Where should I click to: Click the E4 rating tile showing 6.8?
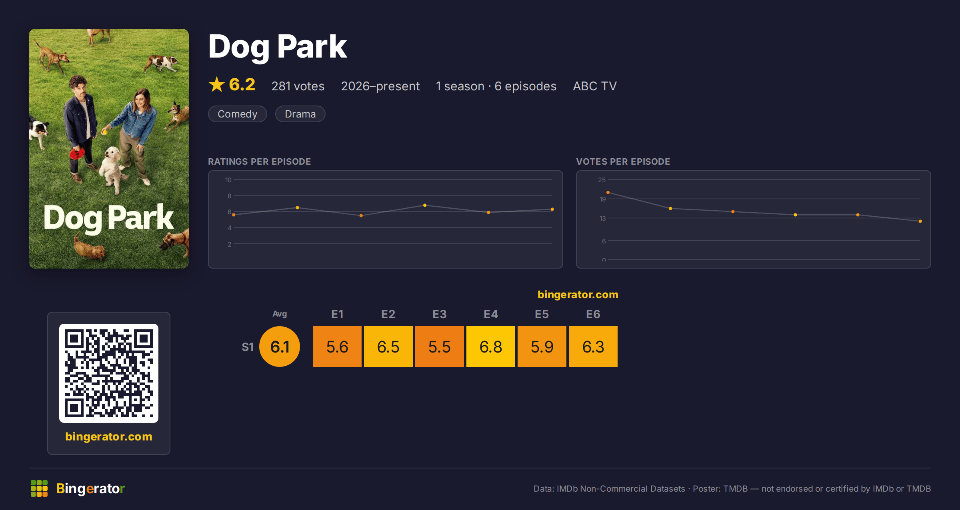pos(491,347)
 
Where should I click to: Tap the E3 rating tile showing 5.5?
pos(440,347)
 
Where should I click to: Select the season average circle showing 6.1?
pos(280,347)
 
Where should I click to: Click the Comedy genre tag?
pos(238,114)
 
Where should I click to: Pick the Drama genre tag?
pos(300,114)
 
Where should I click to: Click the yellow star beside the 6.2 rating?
pos(217,84)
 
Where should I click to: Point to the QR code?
pos(109,373)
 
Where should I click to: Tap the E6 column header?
pos(593,314)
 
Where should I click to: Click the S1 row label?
pos(248,347)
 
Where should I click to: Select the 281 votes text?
pos(298,86)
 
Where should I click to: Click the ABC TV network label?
pos(595,86)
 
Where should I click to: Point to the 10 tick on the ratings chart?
pos(228,180)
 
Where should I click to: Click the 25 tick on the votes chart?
pos(602,180)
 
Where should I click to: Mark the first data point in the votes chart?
pos(608,193)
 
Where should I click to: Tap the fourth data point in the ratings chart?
pos(425,205)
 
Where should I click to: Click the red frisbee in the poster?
pos(77,153)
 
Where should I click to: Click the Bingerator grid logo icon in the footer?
pos(39,488)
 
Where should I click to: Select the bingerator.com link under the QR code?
pos(109,436)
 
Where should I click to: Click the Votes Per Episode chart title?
pos(623,161)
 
